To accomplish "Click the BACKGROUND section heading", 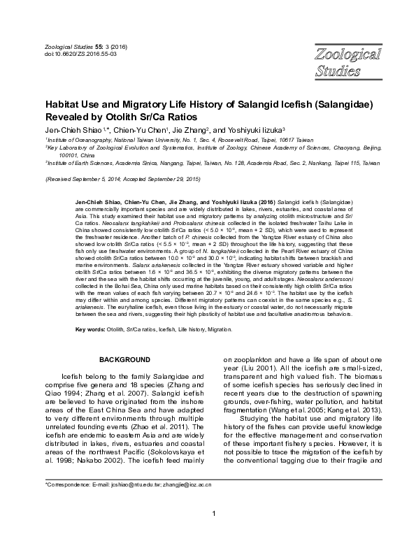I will (124, 359).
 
